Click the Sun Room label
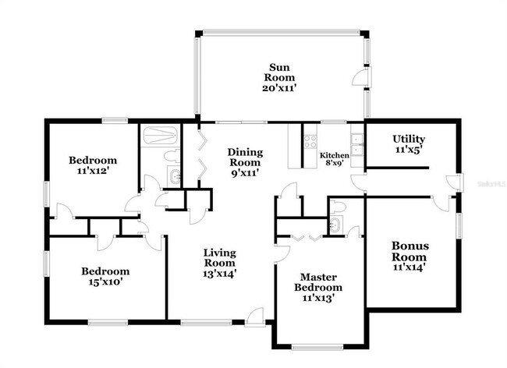tap(279, 73)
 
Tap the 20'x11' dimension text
tap(279, 88)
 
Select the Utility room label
tap(409, 139)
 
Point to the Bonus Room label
tap(410, 251)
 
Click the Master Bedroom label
tap(317, 282)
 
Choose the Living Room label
tap(219, 257)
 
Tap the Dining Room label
tap(245, 157)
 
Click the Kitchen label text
tap(335, 155)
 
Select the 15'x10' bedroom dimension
tap(105, 281)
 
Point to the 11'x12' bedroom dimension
tap(93, 170)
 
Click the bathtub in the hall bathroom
tap(160, 136)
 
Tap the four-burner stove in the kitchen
tap(310, 142)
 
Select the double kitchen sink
tap(357, 145)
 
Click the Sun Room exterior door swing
tap(360, 78)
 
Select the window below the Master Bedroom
tap(317, 347)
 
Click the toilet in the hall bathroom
tap(172, 155)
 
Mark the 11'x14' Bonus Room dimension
tap(409, 267)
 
